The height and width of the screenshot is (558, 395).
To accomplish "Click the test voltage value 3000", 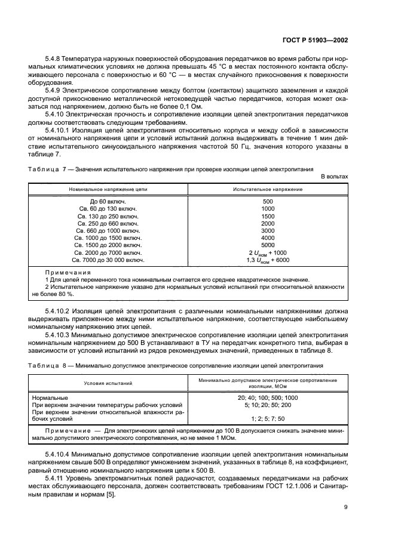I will pyautogui.click(x=268, y=230).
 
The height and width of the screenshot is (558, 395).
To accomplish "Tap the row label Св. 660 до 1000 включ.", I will pyautogui.click(x=108, y=230).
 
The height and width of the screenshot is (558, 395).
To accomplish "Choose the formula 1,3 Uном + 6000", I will pyautogui.click(x=268, y=260).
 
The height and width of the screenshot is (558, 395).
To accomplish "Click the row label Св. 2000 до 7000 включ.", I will pyautogui.click(x=108, y=252).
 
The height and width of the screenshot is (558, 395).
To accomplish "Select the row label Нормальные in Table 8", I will pyautogui.click(x=51, y=397).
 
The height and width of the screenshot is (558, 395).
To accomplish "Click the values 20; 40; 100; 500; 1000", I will pyautogui.click(x=267, y=397).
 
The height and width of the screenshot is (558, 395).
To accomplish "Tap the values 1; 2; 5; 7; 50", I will pyautogui.click(x=267, y=418).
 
